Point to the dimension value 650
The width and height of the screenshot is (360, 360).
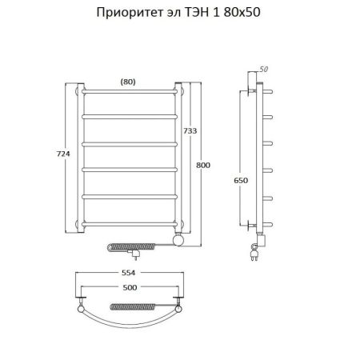tap(239, 182)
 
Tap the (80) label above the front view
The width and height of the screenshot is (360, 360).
tap(129, 79)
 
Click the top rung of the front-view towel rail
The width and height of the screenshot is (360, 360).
tap(130, 92)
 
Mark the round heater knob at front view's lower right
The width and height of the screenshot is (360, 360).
tap(180, 239)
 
